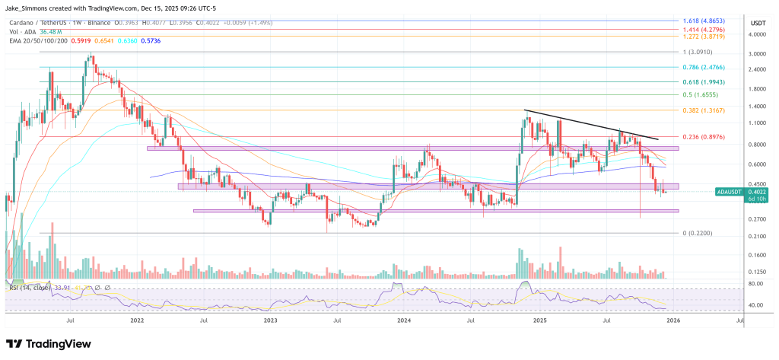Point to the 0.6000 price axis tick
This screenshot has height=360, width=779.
756,164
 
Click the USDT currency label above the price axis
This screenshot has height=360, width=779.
757,23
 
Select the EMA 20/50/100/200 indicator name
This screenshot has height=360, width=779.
33,40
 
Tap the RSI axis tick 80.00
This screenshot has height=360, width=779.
755,284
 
